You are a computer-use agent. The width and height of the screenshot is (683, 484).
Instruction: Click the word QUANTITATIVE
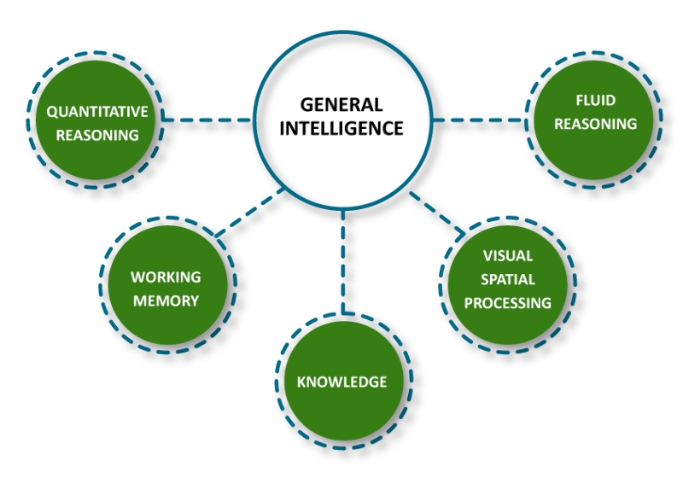[x=96, y=112]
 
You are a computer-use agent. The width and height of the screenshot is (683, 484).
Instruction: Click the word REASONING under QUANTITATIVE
[x=96, y=135]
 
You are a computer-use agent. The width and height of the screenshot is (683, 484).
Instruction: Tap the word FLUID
[x=595, y=101]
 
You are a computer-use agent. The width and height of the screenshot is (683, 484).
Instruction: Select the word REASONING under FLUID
[x=595, y=124]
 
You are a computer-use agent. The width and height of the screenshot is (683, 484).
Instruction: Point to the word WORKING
[x=166, y=277]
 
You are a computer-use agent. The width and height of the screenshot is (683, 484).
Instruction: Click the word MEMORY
[x=166, y=300]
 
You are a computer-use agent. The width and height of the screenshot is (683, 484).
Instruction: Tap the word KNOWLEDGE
[x=341, y=382]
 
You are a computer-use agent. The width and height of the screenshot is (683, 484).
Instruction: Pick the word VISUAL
[x=507, y=256]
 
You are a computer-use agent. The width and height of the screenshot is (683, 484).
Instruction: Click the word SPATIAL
[x=507, y=279]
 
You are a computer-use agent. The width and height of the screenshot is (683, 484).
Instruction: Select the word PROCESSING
[x=507, y=303]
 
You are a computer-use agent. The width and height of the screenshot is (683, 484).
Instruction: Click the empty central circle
[x=341, y=120]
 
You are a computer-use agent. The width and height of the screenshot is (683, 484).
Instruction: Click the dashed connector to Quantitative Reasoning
[x=206, y=120]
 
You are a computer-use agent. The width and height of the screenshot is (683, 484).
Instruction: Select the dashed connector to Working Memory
[x=249, y=211]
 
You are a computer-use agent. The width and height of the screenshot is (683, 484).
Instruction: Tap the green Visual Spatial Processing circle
[x=507, y=329]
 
